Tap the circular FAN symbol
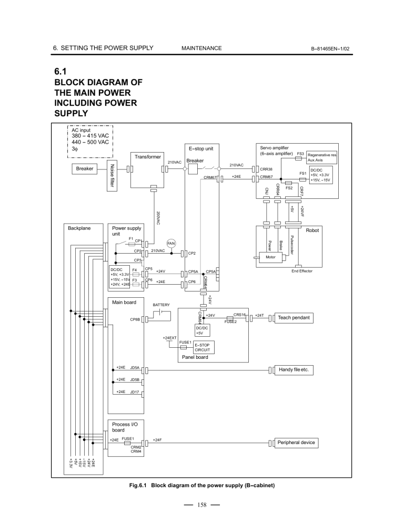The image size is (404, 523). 171,244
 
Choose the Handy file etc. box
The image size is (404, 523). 296,370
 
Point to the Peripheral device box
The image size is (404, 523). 296,442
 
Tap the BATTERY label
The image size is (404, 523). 161,305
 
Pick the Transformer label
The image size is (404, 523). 147,157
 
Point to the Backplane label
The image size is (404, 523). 79,229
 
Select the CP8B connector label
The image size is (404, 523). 134,319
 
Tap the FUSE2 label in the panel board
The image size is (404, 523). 230,322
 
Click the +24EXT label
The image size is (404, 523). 169,337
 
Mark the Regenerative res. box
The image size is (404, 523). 322,157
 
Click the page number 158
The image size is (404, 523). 201,506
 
